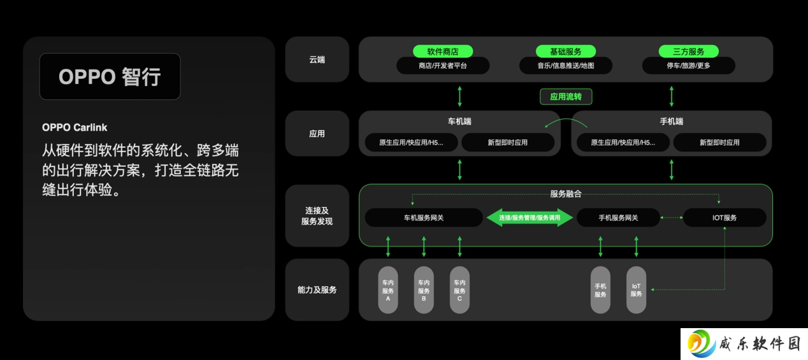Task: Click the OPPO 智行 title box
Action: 110,76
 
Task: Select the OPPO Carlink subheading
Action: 75,127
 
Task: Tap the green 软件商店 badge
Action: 443,52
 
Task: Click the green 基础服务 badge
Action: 566,52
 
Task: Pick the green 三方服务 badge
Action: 688,52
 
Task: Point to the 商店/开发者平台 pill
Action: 443,66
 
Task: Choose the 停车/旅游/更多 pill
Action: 688,66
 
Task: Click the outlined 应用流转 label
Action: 566,97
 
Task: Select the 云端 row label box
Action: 317,59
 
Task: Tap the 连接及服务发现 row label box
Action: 317,216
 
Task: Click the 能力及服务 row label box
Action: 317,290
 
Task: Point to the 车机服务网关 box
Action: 424,217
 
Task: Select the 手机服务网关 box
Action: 618,217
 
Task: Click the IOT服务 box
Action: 725,217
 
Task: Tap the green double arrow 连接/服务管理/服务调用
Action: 530,217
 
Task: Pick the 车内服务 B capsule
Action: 424,290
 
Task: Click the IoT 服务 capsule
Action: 636,290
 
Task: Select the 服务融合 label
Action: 566,194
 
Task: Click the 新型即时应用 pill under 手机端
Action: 719,143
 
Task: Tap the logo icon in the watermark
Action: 702,343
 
